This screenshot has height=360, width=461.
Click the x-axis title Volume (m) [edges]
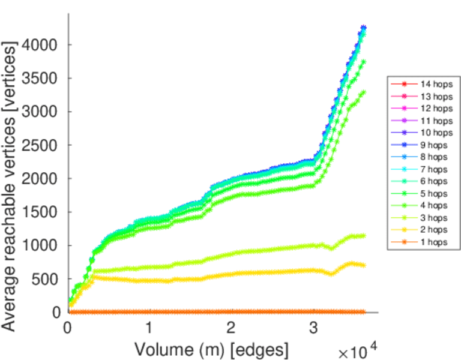tap(211, 349)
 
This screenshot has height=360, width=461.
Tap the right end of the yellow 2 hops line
tap(363, 265)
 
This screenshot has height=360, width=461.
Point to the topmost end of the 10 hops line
tap(363, 28)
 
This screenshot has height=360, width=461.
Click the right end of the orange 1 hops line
tap(363, 312)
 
